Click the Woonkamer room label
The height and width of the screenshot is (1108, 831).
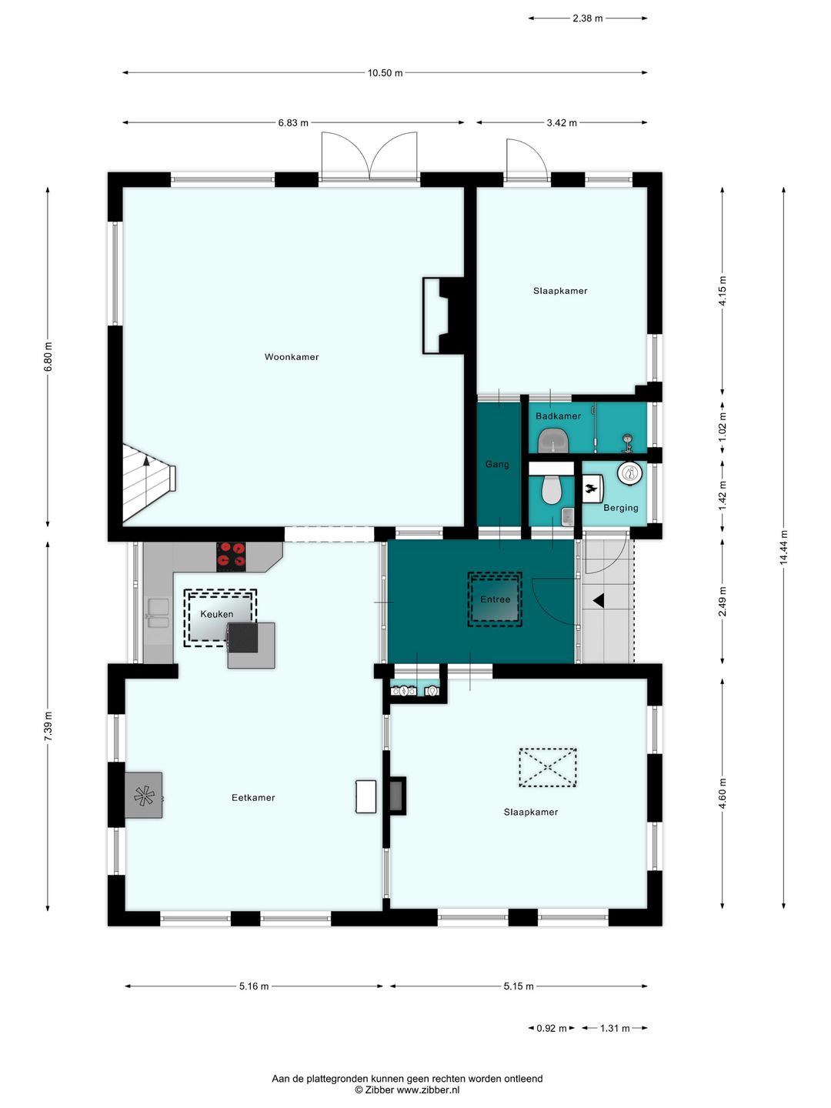(292, 357)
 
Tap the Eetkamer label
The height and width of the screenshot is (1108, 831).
(253, 798)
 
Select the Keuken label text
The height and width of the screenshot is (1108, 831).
(216, 614)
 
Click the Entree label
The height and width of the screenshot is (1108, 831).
(495, 599)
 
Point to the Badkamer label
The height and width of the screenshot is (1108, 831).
(558, 416)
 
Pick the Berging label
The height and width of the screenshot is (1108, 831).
(620, 508)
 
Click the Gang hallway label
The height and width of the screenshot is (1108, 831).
(497, 464)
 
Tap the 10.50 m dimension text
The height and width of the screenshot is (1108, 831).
(385, 73)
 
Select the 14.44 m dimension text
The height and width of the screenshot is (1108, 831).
(783, 548)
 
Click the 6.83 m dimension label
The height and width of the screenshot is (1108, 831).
(293, 123)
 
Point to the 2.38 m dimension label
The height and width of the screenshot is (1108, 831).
(587, 18)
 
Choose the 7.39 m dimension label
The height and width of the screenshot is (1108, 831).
(48, 727)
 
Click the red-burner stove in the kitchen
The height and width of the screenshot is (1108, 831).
(232, 556)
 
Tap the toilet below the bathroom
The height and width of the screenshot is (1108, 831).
(552, 489)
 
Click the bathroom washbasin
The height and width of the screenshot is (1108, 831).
(553, 442)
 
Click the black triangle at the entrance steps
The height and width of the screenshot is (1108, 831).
(598, 600)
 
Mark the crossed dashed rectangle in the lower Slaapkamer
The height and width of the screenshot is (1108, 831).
(547, 767)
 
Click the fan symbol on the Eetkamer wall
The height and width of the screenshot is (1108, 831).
(144, 796)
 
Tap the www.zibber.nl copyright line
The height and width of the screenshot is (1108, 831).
(407, 1090)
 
